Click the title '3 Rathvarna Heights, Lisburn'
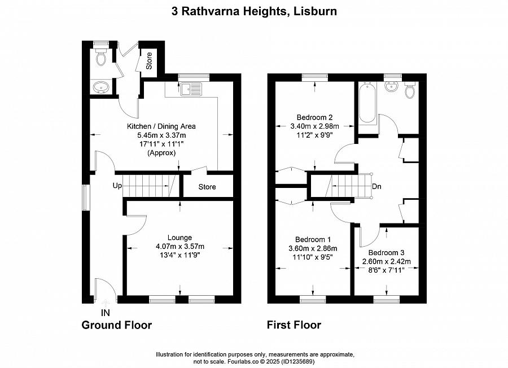[254, 11]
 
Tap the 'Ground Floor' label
[117, 325]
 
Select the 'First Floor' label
[294, 325]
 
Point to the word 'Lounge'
[179, 238]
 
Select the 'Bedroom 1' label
[313, 239]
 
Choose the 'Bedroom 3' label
[386, 252]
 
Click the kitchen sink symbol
[192, 88]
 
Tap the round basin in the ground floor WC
[102, 87]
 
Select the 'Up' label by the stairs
[117, 186]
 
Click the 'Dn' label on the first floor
[376, 187]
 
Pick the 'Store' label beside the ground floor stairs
[207, 187]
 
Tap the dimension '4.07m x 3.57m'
[179, 247]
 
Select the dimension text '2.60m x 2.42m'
[386, 261]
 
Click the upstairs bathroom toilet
[410, 89]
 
